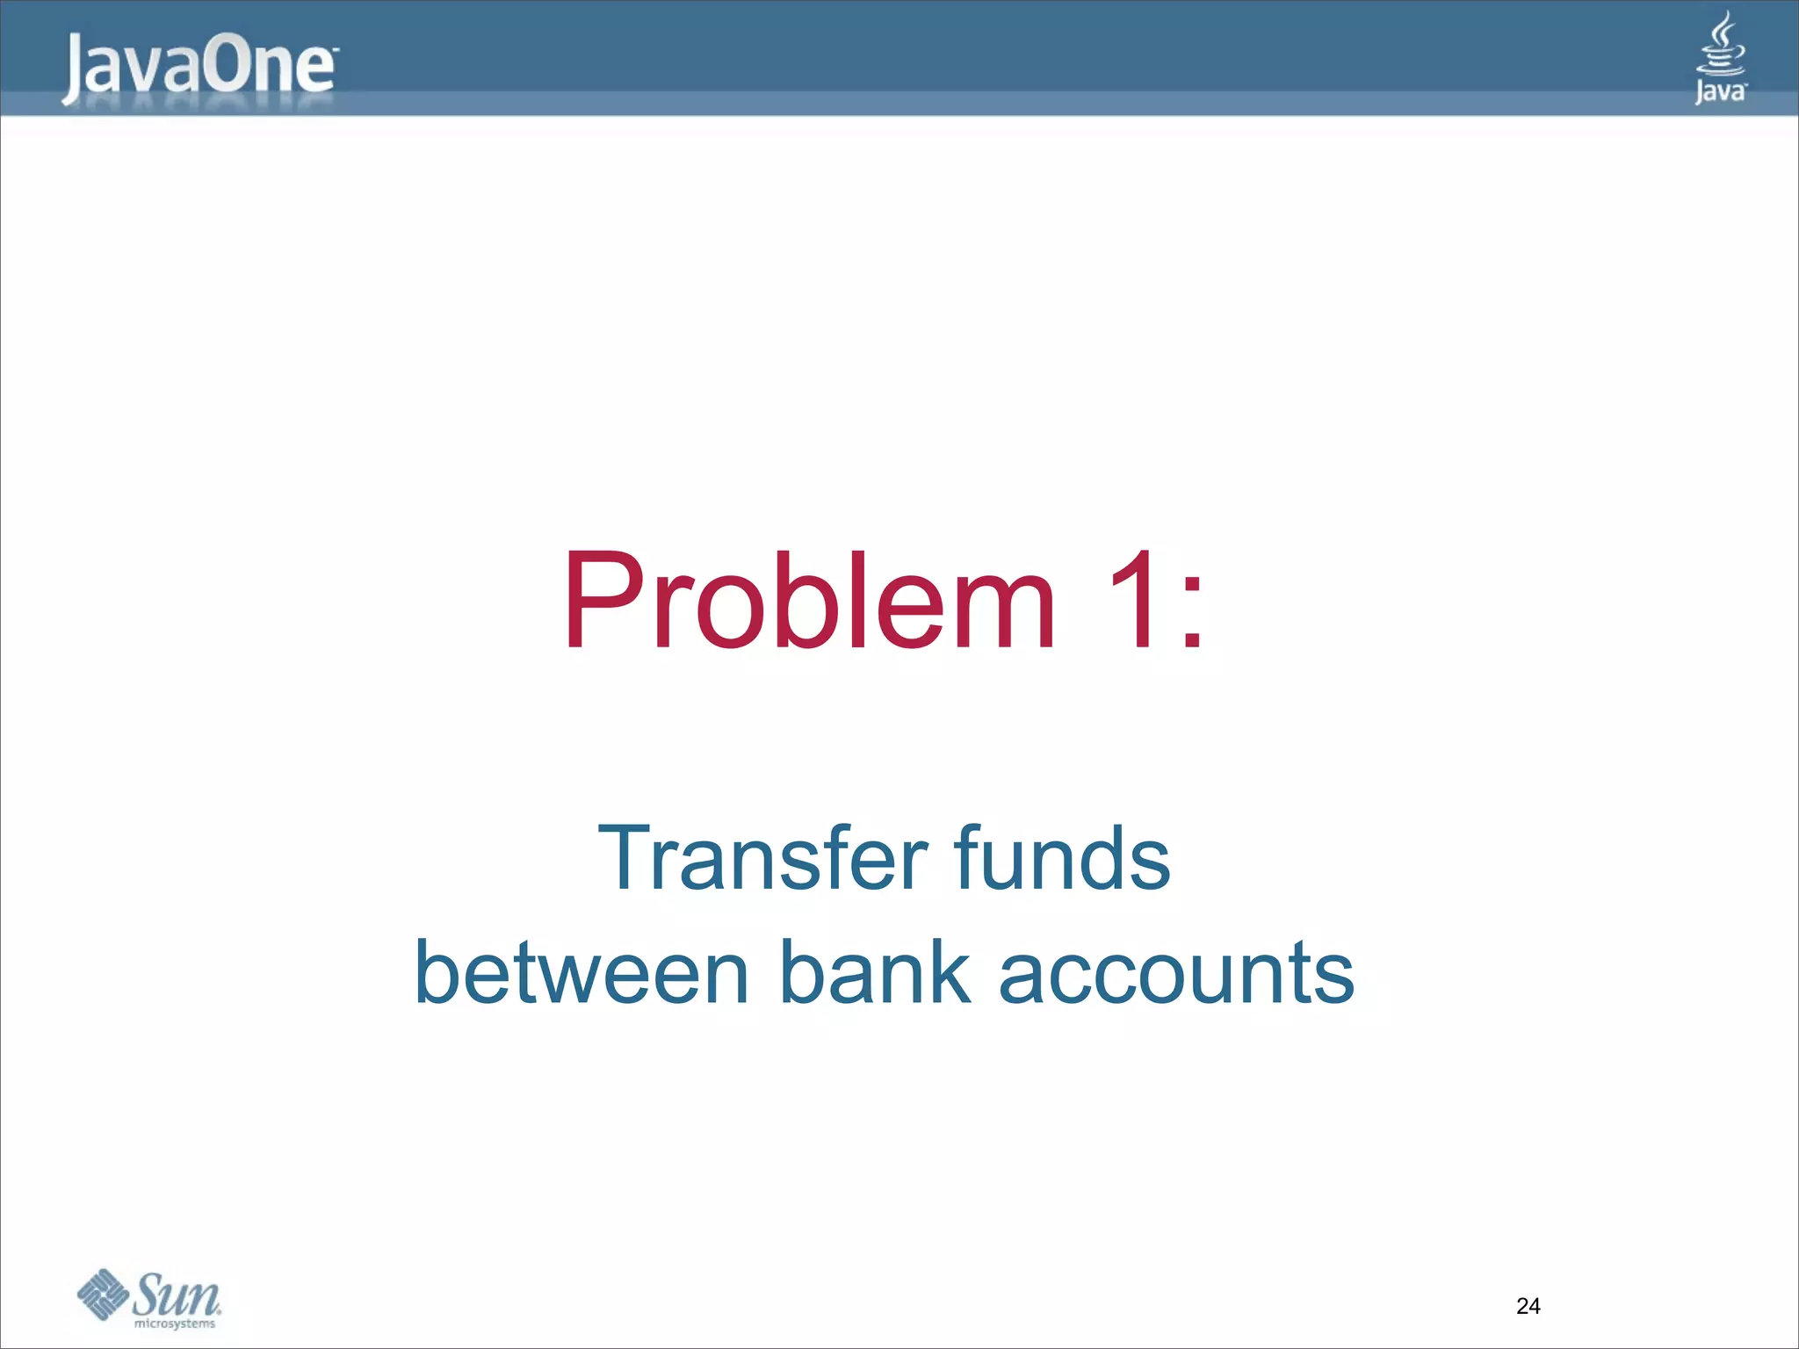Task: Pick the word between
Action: tap(581, 972)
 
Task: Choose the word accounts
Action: tap(1176, 974)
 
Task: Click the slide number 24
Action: tap(1528, 1306)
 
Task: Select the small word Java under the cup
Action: tap(1719, 91)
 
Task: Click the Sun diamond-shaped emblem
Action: tap(103, 1294)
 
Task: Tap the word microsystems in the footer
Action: tap(174, 1324)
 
